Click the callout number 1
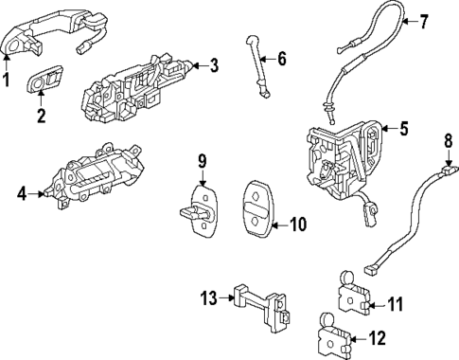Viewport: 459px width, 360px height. point(7,81)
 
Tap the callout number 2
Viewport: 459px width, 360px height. point(41,117)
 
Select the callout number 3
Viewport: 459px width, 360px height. point(215,65)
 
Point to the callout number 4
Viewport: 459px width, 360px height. point(22,195)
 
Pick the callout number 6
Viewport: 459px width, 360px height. point(281,59)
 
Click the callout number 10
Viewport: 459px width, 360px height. point(298,225)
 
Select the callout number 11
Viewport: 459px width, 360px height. point(396,304)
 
